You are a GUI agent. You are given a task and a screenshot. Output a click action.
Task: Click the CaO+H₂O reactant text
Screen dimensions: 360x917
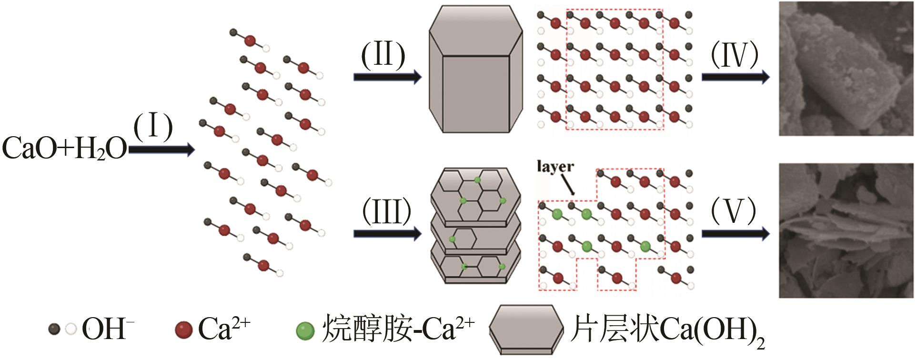pyautogui.click(x=64, y=149)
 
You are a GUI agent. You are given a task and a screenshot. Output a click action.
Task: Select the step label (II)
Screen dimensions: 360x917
pyautogui.click(x=383, y=55)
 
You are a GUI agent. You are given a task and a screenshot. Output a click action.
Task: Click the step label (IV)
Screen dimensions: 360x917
pyautogui.click(x=734, y=55)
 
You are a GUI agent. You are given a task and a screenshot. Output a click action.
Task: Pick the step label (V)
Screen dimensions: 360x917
pyautogui.click(x=734, y=211)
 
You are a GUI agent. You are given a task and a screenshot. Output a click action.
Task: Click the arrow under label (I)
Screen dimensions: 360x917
pyautogui.click(x=162, y=150)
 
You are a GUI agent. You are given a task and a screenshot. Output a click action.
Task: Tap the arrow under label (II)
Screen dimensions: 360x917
pyautogui.click(x=387, y=77)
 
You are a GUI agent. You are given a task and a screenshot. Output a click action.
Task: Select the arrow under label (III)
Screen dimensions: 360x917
pyautogui.click(x=387, y=233)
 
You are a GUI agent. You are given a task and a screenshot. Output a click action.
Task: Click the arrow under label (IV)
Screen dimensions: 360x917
pyautogui.click(x=736, y=76)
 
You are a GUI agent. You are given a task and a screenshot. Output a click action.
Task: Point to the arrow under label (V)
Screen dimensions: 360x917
pyautogui.click(x=736, y=233)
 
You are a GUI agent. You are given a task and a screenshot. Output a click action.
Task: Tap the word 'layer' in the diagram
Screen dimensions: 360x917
pyautogui.click(x=555, y=167)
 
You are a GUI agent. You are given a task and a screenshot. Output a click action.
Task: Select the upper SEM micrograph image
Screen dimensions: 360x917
pyautogui.click(x=846, y=69)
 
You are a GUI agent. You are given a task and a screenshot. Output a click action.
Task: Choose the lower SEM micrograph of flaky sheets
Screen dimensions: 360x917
pyautogui.click(x=846, y=231)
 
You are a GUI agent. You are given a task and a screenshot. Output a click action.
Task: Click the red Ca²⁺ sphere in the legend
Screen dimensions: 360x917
pyautogui.click(x=183, y=330)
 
